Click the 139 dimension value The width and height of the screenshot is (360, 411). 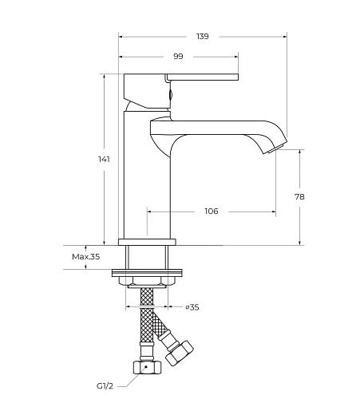click(x=203, y=37)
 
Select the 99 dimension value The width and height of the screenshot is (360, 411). click(x=178, y=57)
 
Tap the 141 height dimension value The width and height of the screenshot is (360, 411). click(x=104, y=160)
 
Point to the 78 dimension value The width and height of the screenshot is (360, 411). click(x=299, y=197)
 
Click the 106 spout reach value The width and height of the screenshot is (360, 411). click(x=212, y=211)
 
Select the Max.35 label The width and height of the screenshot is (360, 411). click(x=86, y=257)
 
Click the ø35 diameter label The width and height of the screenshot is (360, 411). click(x=192, y=307)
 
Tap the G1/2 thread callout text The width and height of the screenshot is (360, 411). click(x=105, y=386)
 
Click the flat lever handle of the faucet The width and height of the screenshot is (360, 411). click(x=202, y=77)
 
